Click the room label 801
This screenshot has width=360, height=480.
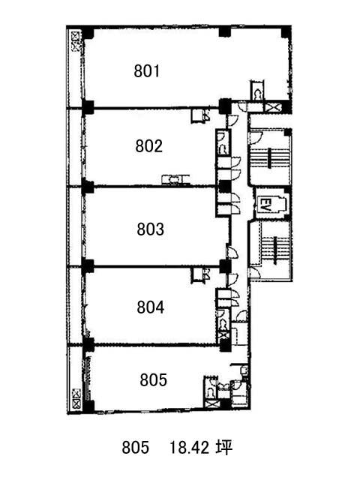click(x=147, y=71)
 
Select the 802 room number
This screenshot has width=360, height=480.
click(x=148, y=146)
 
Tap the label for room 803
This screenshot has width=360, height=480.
click(x=150, y=229)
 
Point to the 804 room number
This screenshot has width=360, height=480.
click(x=150, y=307)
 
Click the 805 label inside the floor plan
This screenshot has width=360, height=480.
click(x=153, y=380)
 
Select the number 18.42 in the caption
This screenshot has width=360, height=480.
click(x=190, y=448)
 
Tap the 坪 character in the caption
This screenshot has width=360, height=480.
click(x=224, y=447)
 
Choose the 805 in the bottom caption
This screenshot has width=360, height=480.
click(x=135, y=448)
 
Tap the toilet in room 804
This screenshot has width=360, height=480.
click(x=223, y=325)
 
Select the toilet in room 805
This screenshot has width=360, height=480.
click(x=211, y=391)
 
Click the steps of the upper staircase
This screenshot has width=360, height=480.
click(x=270, y=158)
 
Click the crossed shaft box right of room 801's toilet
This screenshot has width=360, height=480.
click(x=271, y=107)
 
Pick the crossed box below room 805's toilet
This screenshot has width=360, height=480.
click(x=211, y=403)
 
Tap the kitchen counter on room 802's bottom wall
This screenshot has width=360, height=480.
click(x=175, y=179)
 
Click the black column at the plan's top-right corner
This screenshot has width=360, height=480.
click(x=286, y=32)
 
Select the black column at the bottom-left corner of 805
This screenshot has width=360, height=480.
click(x=88, y=406)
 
